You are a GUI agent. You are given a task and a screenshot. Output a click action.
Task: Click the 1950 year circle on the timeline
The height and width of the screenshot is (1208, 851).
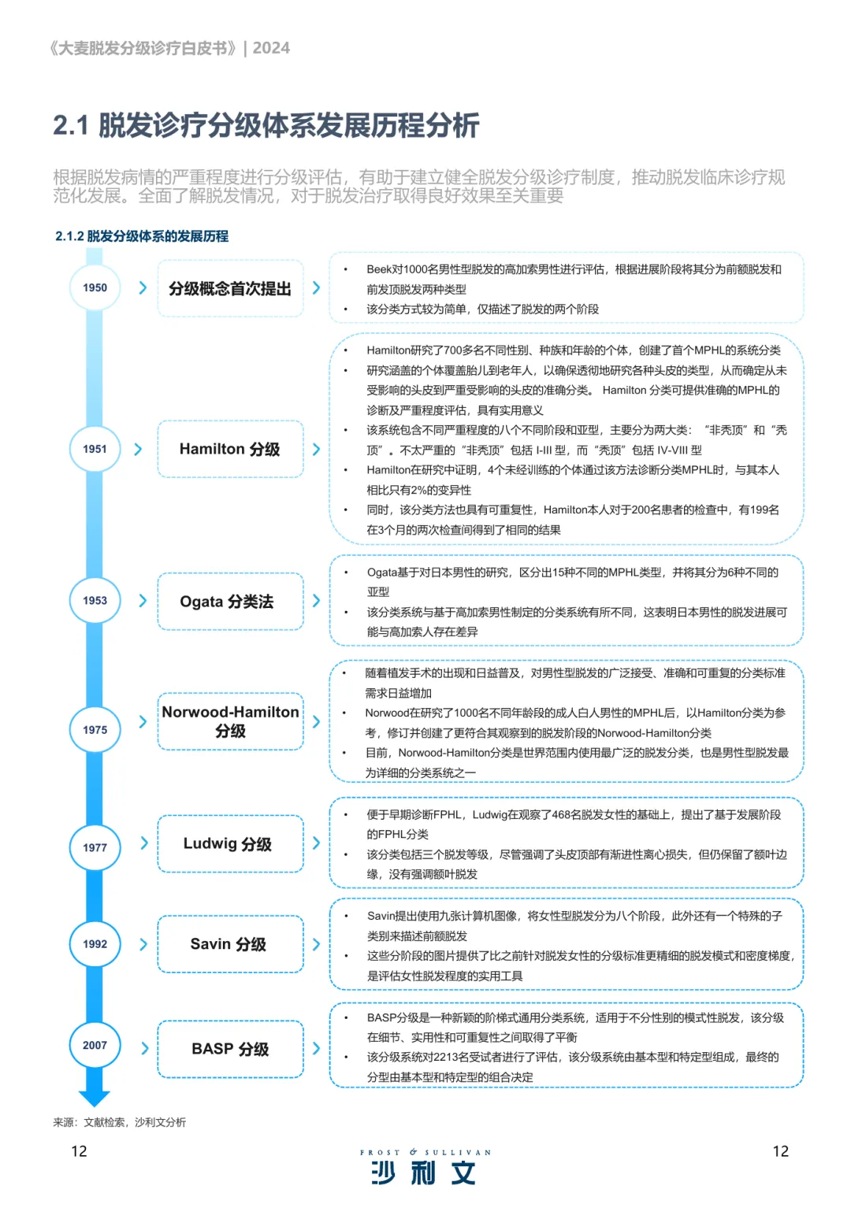point(95,287)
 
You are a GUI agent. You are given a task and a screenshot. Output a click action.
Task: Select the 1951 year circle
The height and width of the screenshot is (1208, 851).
point(95,449)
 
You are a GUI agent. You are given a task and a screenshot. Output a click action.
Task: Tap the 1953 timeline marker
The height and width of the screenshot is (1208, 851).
point(95,600)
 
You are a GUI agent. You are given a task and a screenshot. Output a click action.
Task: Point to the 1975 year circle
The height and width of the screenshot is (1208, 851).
point(95,730)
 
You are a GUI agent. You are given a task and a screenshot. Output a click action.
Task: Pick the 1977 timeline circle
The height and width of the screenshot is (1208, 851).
point(95,847)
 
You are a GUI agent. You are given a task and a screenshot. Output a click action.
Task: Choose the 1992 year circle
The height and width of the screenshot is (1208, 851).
point(95,943)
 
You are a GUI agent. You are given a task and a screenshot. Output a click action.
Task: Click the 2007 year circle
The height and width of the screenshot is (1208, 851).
point(95,1045)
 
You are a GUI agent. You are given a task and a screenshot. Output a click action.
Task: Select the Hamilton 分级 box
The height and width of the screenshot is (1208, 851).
point(230,449)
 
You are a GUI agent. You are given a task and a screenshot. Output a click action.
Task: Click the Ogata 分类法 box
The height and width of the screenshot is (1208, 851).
point(230,602)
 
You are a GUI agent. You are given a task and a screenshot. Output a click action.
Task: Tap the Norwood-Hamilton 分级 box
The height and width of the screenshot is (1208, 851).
point(230,721)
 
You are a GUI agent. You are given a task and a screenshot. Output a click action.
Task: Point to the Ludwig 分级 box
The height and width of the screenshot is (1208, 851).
point(230,843)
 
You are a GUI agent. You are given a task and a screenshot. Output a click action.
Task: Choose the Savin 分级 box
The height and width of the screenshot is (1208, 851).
point(230,943)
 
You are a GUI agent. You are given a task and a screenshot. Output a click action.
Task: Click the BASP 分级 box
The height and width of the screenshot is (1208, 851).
point(230,1049)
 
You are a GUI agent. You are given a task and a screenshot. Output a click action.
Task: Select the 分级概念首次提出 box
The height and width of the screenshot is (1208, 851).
point(230,288)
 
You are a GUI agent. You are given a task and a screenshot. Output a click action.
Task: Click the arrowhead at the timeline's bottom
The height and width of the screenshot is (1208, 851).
point(95,1097)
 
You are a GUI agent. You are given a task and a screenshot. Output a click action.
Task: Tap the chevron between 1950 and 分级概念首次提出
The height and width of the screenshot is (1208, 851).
point(143,287)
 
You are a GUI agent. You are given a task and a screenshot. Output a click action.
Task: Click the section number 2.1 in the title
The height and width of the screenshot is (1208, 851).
point(71,125)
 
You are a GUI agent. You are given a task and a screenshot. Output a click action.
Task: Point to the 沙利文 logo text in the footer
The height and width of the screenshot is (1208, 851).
point(424,1173)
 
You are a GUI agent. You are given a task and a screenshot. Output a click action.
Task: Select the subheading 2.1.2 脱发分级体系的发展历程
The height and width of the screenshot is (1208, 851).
point(142,236)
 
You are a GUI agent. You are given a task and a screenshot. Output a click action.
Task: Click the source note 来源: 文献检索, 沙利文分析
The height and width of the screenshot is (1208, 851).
point(120,1122)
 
